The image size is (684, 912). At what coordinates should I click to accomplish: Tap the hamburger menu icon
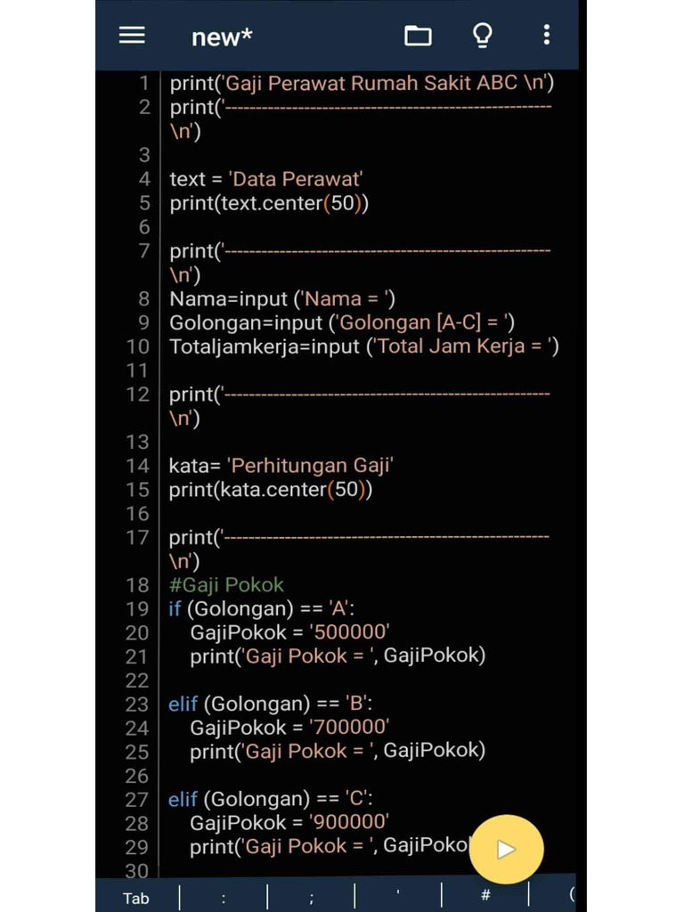coord(132,35)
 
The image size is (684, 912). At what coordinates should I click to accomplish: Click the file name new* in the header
coord(222,37)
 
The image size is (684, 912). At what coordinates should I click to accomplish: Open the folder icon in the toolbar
coord(418,36)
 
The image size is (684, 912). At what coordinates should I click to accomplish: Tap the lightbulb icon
coord(482,36)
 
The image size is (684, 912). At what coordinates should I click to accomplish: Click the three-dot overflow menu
coord(546,35)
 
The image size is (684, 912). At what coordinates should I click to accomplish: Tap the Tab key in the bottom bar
coord(136,898)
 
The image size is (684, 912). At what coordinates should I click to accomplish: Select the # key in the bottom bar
coord(485,895)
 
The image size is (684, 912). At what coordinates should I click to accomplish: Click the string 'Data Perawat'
coord(295,179)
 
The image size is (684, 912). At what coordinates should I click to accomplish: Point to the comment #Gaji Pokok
coord(226,585)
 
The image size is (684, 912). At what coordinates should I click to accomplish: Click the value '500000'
coord(349,632)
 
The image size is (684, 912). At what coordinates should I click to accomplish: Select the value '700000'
coord(349,728)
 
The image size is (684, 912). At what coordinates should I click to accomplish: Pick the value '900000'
coord(349,823)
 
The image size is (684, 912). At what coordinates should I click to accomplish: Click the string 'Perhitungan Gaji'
coord(311,465)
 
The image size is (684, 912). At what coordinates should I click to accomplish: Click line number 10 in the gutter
coord(137,346)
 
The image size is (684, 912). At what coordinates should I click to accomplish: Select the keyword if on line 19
coord(175,609)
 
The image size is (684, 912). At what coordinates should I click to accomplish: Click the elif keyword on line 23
coord(183,704)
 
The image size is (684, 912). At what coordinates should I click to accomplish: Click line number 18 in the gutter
coord(137,585)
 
